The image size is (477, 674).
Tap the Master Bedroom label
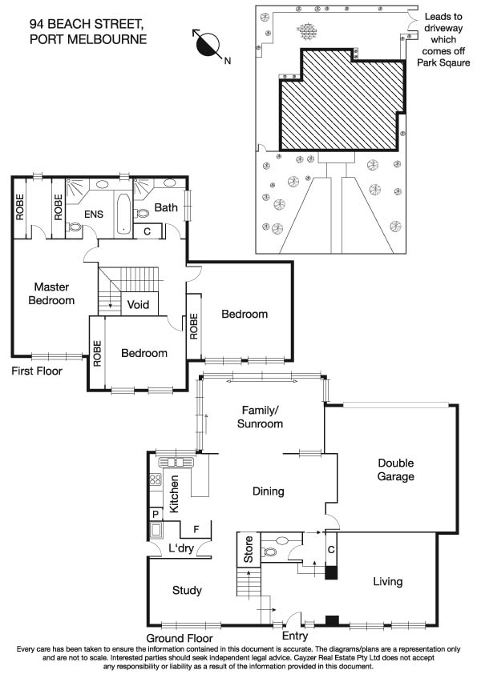[x=51, y=293]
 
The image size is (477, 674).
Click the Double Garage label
[x=396, y=470]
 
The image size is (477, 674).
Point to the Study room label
[x=187, y=590]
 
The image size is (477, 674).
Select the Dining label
[x=269, y=491]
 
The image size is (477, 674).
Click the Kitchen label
[x=173, y=494]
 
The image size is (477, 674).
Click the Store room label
[x=249, y=554]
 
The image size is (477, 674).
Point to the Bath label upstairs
[x=166, y=208]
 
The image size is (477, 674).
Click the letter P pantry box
[x=155, y=514]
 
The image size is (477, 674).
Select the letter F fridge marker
[x=196, y=529]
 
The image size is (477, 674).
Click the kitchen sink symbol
[x=172, y=462]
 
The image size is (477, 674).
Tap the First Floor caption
[x=36, y=371]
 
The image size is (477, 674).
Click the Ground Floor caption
[x=181, y=638]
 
